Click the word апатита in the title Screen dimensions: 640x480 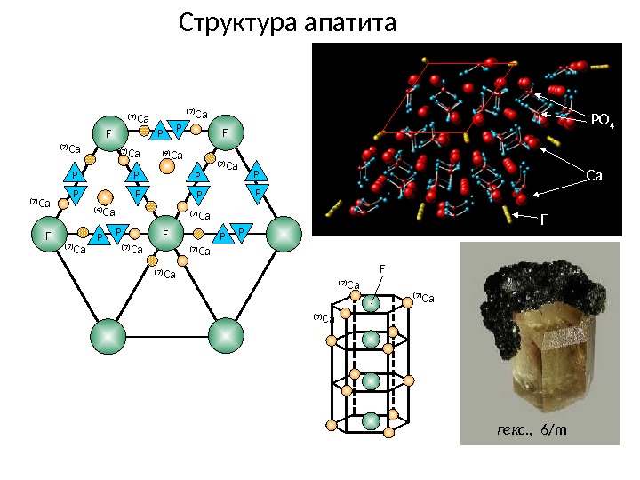[349, 21]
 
